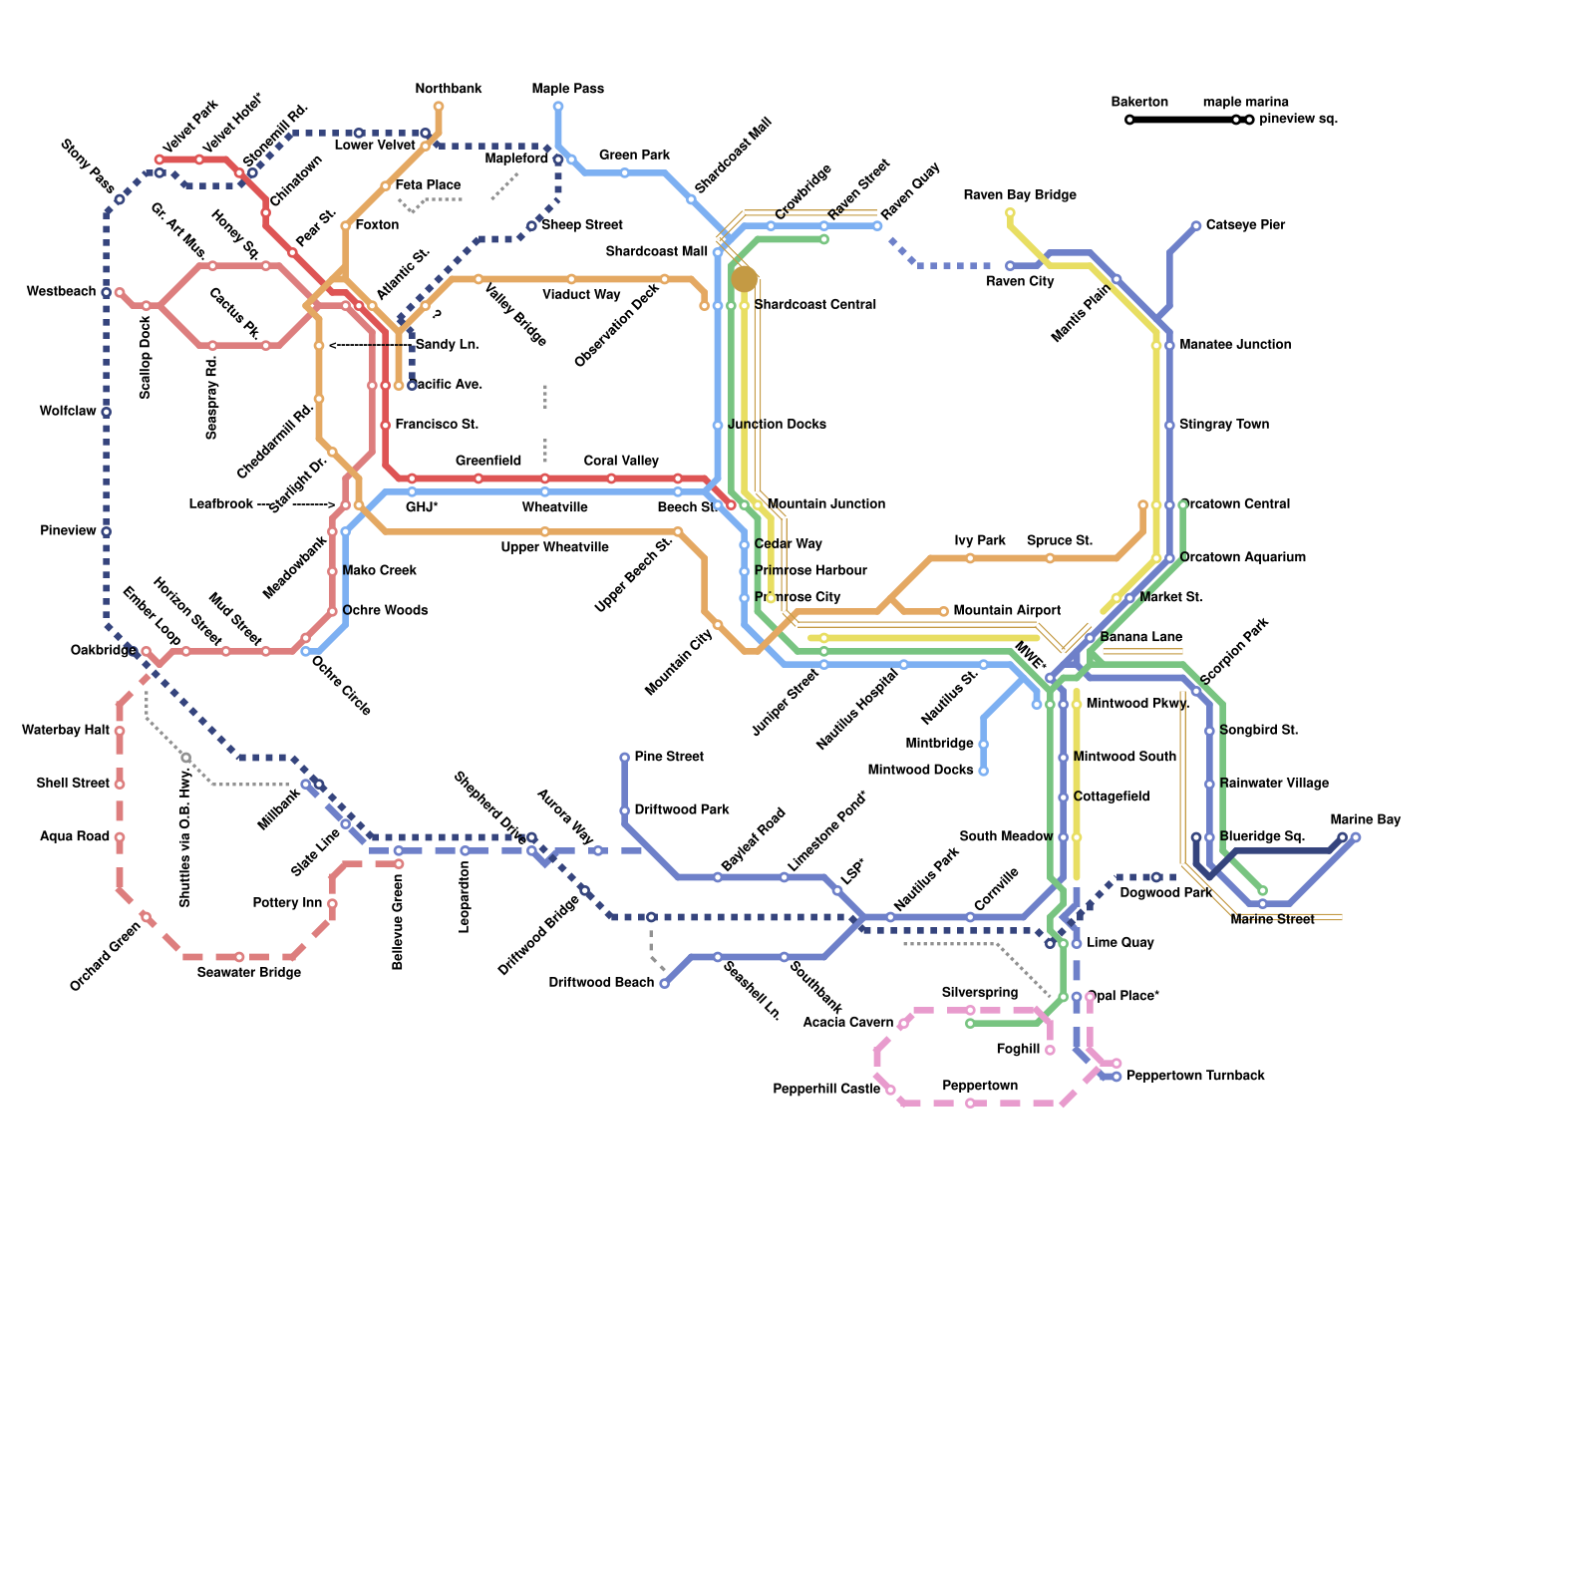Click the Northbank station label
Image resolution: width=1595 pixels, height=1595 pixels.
[449, 89]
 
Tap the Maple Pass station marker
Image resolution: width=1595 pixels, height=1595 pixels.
[558, 106]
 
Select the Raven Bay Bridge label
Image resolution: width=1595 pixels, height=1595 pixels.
[1020, 194]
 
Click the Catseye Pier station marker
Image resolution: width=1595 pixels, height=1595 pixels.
[1196, 226]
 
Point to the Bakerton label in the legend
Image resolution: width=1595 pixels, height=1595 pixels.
[1139, 102]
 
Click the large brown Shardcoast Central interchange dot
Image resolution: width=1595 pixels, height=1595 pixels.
[744, 279]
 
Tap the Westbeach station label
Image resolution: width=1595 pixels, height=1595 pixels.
[61, 291]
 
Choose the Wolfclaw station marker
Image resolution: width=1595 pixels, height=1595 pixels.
[106, 412]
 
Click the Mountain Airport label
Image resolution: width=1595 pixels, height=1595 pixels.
[1007, 610]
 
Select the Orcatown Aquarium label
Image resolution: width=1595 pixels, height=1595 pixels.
[1242, 557]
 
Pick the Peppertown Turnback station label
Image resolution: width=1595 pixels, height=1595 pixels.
[1195, 1076]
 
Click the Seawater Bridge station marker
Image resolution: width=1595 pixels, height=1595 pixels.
[239, 957]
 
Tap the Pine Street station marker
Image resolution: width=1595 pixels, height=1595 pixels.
[625, 758]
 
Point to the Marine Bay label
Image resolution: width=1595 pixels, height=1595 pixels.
[1365, 819]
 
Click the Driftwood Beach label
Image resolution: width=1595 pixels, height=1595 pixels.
[601, 983]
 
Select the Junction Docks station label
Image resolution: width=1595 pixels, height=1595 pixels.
[777, 424]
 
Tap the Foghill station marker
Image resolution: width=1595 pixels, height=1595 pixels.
[1050, 1050]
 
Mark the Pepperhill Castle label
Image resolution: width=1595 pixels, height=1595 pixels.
[826, 1089]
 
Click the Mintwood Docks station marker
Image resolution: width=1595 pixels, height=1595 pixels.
[983, 771]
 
